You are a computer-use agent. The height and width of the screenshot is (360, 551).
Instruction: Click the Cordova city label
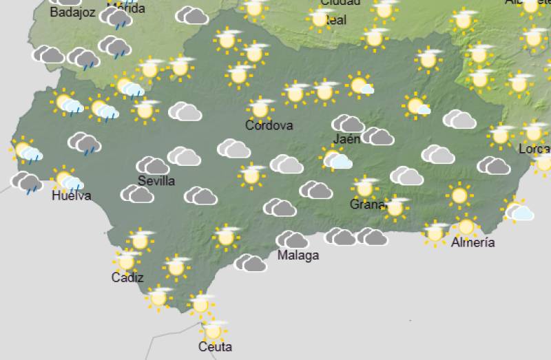click(x=269, y=125)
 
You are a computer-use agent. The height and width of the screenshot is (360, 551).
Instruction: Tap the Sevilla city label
click(x=156, y=181)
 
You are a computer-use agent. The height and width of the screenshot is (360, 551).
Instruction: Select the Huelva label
click(x=71, y=196)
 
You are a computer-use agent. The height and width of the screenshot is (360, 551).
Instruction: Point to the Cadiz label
click(x=127, y=277)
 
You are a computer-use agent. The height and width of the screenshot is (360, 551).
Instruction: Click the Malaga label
click(x=298, y=255)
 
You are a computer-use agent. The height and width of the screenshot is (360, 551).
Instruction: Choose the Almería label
click(x=473, y=242)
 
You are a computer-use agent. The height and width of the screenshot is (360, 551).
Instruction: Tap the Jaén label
click(x=346, y=139)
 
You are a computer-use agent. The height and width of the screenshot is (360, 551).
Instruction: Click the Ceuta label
click(x=214, y=347)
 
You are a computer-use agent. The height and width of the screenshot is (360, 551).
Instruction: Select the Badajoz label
click(x=72, y=11)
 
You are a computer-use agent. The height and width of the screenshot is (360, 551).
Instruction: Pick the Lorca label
click(x=537, y=149)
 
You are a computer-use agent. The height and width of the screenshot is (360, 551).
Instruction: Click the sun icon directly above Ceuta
click(x=214, y=330)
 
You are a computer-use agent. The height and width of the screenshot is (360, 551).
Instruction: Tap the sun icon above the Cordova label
click(x=260, y=108)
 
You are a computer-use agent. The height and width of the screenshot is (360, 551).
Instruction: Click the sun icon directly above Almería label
click(x=466, y=226)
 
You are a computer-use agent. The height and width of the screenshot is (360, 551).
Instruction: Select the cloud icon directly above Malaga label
click(x=293, y=240)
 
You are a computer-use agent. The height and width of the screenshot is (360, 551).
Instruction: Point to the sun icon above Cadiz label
click(x=126, y=261)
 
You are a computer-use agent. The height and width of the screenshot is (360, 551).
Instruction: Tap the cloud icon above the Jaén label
click(x=348, y=124)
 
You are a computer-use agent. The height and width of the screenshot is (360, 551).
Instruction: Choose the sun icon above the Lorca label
click(x=533, y=131)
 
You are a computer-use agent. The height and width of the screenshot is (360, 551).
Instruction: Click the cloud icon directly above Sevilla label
click(x=153, y=165)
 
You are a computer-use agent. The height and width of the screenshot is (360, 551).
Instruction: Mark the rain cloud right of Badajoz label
click(x=115, y=17)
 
